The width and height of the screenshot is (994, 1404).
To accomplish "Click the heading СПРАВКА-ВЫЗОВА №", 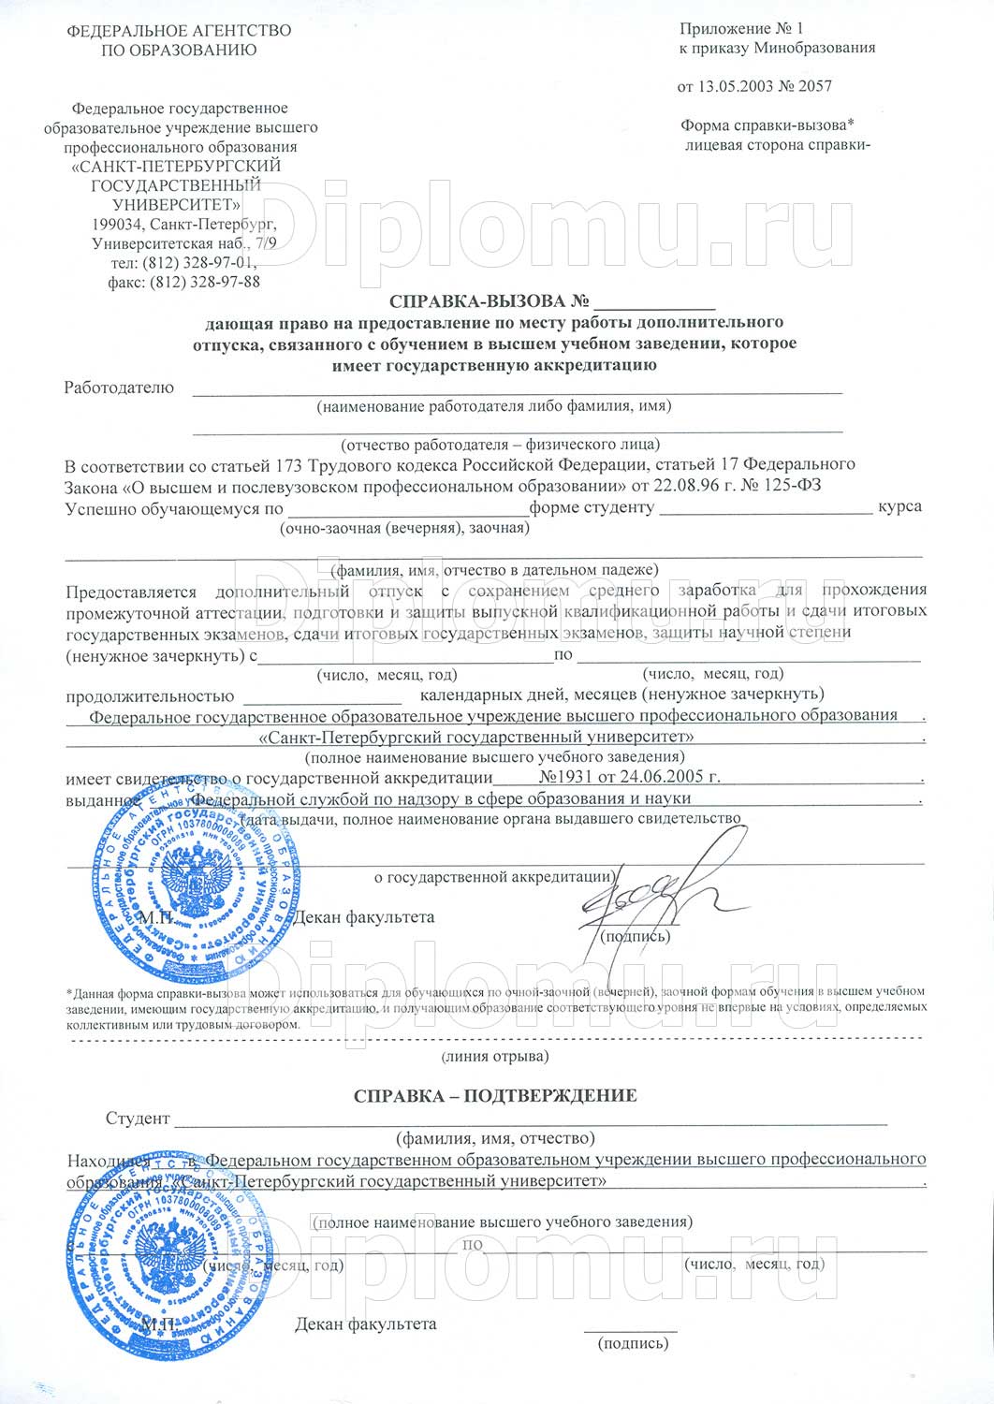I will (492, 301).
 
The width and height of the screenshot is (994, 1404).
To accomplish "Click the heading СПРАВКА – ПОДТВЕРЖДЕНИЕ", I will (495, 1095).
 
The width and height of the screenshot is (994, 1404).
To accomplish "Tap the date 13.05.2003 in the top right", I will (735, 86).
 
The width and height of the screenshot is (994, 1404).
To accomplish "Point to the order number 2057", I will (813, 86).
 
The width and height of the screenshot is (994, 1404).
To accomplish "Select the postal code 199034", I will (119, 225).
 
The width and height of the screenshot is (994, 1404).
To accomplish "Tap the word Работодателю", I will (119, 388).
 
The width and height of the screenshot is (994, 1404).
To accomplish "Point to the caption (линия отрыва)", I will (494, 1056).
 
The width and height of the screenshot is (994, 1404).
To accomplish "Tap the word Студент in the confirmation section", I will (138, 1119).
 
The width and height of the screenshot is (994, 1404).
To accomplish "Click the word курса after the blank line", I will (899, 506).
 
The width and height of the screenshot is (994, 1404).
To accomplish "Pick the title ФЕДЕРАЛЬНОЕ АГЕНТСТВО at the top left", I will (179, 31).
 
